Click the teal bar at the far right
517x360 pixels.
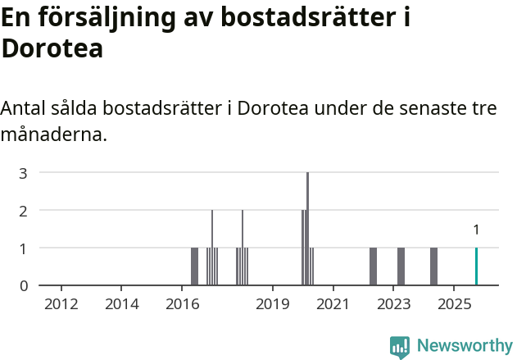click(x=476, y=267)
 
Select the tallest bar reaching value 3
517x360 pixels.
click(x=307, y=230)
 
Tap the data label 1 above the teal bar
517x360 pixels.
click(x=476, y=230)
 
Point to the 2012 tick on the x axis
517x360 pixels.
click(x=61, y=304)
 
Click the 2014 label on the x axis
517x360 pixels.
click(x=122, y=304)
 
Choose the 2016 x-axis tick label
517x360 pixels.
click(x=182, y=304)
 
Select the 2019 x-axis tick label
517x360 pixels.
click(x=273, y=304)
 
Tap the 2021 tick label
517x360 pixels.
click(x=333, y=304)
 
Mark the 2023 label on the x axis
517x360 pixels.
click(x=393, y=304)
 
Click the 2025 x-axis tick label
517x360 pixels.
click(x=453, y=304)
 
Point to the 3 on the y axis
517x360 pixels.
click(x=24, y=173)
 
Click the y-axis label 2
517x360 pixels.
click(x=24, y=211)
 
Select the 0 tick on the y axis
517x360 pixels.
click(x=24, y=285)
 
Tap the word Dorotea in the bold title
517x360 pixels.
click(x=52, y=48)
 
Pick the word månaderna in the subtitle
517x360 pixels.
click(x=54, y=134)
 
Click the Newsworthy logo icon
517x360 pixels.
click(x=400, y=346)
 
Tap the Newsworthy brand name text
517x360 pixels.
click(x=464, y=346)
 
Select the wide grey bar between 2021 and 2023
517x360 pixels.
click(x=373, y=267)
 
